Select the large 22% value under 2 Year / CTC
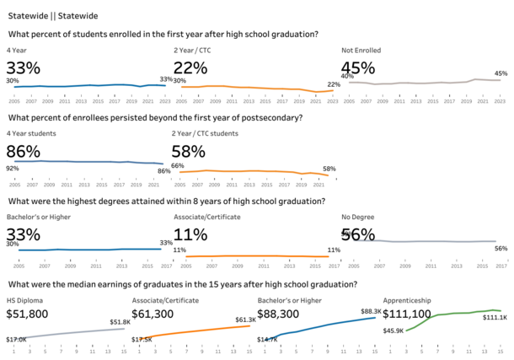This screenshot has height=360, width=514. click(190, 67)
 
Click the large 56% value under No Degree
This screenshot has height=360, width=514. click(358, 235)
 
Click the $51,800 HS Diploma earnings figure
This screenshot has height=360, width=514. click(29, 314)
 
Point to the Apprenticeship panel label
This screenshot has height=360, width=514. click(408, 300)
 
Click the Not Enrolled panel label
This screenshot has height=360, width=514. click(361, 51)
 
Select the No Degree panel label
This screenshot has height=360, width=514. click(358, 217)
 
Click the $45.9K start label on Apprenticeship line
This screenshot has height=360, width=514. click(393, 330)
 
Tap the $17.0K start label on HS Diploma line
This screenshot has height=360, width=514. click(16, 339)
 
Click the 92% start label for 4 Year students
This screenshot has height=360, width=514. click(13, 169)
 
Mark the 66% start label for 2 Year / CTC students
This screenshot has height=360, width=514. click(177, 166)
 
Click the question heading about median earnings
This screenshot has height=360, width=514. click(182, 285)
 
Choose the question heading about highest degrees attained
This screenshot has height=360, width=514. click(166, 201)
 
